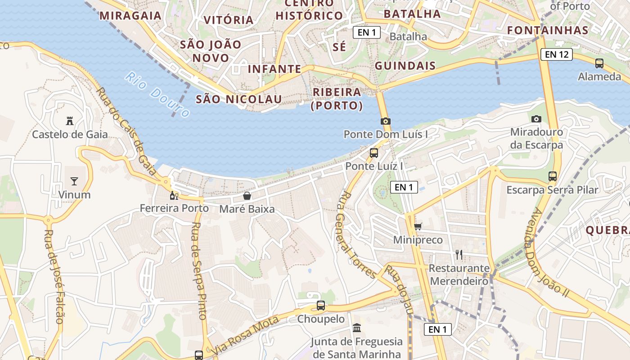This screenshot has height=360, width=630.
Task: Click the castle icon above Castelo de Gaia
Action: pos(70,121)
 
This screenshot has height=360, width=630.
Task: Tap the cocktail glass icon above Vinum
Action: pos(74,181)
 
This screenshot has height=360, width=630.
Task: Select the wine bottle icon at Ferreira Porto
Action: pos(174,195)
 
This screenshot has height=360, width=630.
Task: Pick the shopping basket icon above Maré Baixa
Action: pos(247,196)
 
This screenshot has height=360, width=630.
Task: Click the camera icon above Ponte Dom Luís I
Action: pos(386,121)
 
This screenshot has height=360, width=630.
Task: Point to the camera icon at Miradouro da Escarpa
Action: pos(536,119)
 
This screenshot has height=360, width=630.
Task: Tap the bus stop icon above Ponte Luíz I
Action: pos(374,153)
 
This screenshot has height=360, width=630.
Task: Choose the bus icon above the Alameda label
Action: pos(599,63)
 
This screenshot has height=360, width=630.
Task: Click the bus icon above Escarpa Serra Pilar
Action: pos(553,176)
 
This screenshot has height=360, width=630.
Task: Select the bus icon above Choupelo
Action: pos(321,306)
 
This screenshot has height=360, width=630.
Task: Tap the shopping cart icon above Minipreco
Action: pos(418,226)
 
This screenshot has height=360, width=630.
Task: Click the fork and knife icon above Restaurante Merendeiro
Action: pos(459,255)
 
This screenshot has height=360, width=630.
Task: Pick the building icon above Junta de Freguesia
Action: pos(357,328)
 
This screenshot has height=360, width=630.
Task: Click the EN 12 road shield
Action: pos(557,55)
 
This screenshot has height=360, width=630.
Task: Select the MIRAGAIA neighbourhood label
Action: pos(130,15)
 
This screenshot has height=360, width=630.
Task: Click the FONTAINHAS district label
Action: pos(548,30)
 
